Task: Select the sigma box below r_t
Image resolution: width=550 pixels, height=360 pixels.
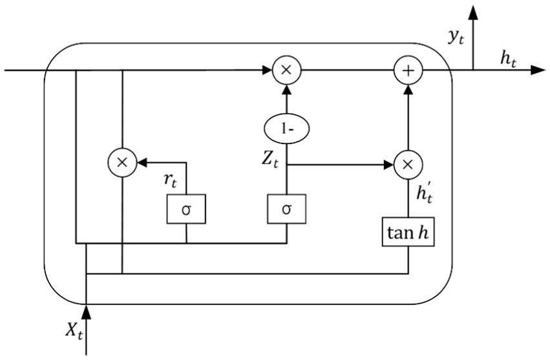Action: pos(186,209)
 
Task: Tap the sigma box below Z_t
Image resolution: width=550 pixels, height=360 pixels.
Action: pos(286,209)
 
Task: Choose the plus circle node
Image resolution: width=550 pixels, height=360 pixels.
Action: pos(408,70)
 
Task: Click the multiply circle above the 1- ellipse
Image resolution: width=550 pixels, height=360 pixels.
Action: pos(286,70)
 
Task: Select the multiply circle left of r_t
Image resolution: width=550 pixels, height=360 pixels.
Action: pos(122,164)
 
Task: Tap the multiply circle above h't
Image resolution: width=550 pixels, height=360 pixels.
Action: pos(408,164)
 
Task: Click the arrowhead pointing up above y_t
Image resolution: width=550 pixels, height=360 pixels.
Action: pos(474,12)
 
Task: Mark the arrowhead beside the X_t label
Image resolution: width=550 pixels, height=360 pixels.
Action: pos(86,313)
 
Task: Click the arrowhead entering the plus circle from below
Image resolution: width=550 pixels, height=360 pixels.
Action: pos(408,90)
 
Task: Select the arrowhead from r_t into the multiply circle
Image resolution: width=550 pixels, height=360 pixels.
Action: pos(142,164)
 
